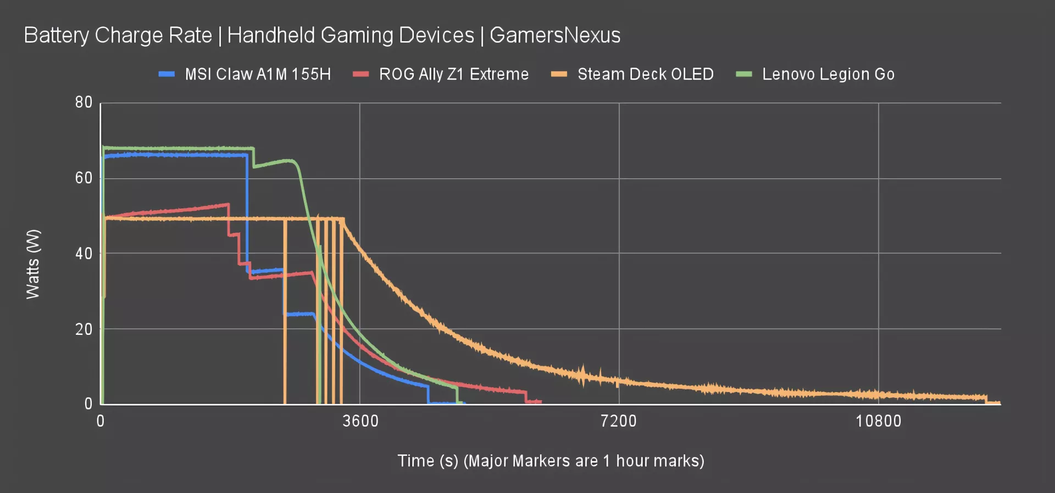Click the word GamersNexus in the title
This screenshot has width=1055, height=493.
tap(555, 35)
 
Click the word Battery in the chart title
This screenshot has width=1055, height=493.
tap(56, 35)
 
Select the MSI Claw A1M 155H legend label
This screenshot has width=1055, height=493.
tap(258, 74)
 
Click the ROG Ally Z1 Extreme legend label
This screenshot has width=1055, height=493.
tap(454, 74)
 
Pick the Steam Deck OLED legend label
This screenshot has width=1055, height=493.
tap(645, 74)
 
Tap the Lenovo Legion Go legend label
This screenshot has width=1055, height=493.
tap(828, 74)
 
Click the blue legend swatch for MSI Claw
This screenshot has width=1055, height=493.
tap(166, 74)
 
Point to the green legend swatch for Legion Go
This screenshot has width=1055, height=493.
tap(743, 74)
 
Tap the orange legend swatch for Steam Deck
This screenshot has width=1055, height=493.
tap(559, 74)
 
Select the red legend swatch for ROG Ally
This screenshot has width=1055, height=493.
tap(360, 74)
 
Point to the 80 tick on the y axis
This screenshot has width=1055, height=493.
tap(84, 103)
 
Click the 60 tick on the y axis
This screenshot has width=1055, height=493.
tap(84, 178)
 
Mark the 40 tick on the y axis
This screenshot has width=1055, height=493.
tap(84, 254)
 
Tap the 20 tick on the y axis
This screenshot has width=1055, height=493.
tap(84, 329)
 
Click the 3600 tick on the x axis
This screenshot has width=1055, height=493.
tap(360, 421)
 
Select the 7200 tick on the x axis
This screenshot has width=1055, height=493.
tap(619, 421)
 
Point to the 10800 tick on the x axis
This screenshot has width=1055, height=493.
tap(878, 421)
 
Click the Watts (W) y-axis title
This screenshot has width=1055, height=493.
tap(33, 264)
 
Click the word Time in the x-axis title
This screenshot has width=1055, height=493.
tap(416, 461)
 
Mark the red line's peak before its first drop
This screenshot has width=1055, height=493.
tap(227, 205)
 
